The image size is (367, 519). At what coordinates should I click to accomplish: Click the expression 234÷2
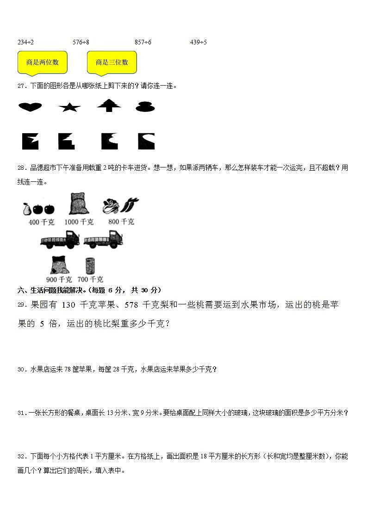coord(25,42)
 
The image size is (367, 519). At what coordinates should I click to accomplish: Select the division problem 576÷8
coord(81,42)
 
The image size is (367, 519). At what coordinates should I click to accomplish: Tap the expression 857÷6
coord(143,42)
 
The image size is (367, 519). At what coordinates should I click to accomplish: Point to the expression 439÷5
coord(199,42)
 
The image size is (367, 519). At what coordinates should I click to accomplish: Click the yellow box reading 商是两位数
coord(42,62)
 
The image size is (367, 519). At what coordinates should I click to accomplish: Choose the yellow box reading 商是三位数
coord(112,62)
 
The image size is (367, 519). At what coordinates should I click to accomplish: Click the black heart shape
coord(30,107)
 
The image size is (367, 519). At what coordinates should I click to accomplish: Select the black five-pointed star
coord(70,107)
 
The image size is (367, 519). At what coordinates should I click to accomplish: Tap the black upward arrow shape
coord(109,105)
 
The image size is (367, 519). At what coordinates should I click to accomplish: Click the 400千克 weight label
coord(41,222)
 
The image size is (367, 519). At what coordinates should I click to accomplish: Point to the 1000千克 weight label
coord(79,222)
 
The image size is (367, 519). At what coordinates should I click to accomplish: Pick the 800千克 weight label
coord(121,222)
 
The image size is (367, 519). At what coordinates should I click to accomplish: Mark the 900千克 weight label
coord(59,279)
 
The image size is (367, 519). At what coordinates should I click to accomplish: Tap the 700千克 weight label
coord(90,279)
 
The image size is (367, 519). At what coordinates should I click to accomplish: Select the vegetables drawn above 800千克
coord(120,205)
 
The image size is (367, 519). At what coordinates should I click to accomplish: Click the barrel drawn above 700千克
coord(90,266)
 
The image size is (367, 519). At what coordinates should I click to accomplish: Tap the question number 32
coord(21,457)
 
